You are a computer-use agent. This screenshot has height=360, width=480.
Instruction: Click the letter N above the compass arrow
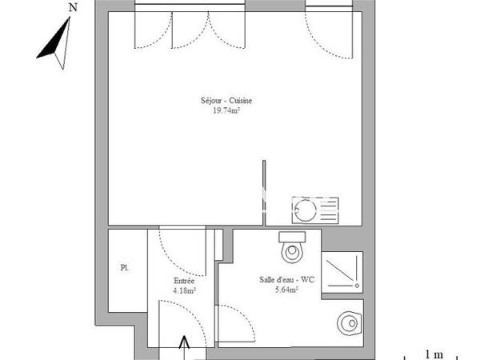[73, 7]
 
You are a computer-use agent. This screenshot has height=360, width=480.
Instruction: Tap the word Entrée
[184, 281]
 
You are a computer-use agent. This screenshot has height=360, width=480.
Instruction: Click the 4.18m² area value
[184, 291]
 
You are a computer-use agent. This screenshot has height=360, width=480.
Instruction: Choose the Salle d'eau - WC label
[278, 279]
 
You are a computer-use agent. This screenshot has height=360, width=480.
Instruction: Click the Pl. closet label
[124, 266]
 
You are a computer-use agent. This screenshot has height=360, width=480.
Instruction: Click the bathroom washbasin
[348, 323]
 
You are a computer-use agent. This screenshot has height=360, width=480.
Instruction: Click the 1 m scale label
[434, 354]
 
